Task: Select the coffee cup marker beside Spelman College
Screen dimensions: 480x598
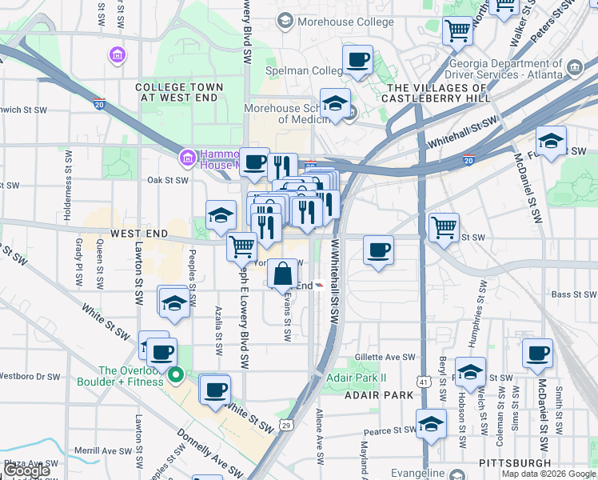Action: point(357,60)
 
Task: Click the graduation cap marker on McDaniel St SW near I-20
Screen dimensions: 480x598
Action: point(551,142)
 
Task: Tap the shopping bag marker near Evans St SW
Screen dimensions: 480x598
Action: point(282,274)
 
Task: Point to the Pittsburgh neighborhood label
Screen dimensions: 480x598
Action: point(516,463)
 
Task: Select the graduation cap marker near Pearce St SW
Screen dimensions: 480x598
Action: point(431,424)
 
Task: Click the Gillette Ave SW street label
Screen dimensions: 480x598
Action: point(387,358)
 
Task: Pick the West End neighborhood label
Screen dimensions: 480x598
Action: point(139,234)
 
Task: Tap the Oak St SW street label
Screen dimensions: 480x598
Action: point(167,180)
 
